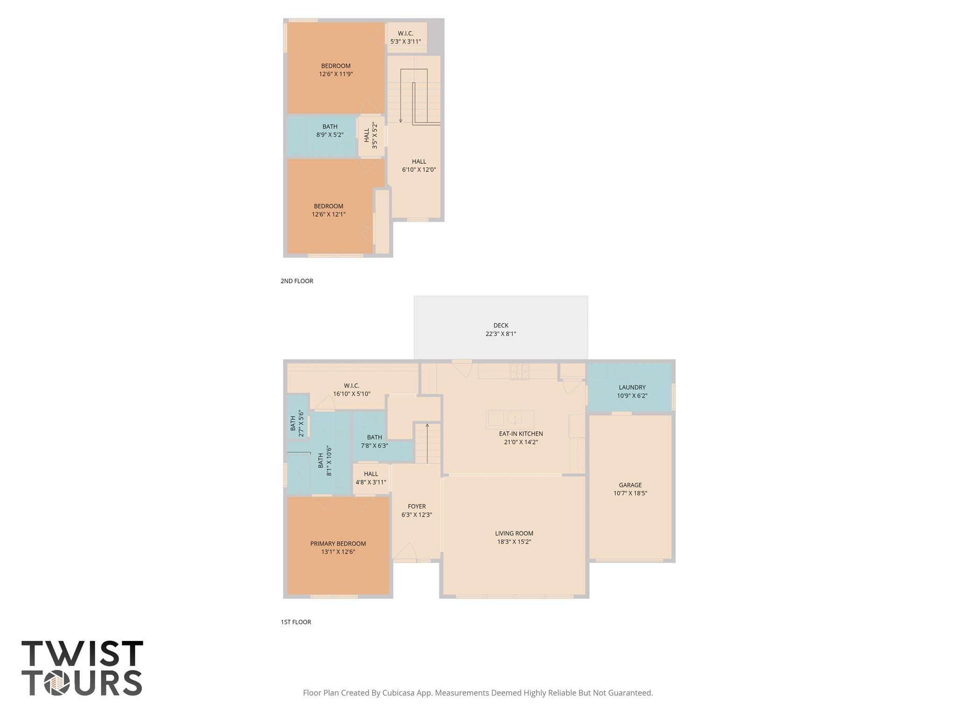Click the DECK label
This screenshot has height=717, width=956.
[500, 325]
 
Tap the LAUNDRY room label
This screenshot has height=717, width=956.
[632, 387]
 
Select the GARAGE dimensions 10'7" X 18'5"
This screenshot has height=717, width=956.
[630, 493]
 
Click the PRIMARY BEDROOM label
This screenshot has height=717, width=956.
[338, 543]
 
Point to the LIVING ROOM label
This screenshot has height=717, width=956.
[514, 533]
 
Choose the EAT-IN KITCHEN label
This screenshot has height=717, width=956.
[521, 434]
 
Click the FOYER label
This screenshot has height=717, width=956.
[416, 506]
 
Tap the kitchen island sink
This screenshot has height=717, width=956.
[515, 416]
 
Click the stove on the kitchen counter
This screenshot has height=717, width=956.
[519, 372]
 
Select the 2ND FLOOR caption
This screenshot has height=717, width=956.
[297, 281]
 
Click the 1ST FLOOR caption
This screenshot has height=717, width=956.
[296, 622]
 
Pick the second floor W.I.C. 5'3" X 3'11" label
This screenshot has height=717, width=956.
[405, 37]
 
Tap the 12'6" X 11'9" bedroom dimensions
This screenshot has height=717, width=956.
[336, 74]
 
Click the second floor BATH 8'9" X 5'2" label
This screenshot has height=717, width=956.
[330, 131]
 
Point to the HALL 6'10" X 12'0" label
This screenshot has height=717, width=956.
[419, 166]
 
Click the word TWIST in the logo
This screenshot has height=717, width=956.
[82, 654]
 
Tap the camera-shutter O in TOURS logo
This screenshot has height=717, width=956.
[57, 683]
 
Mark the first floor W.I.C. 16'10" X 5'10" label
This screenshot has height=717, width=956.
[351, 390]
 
